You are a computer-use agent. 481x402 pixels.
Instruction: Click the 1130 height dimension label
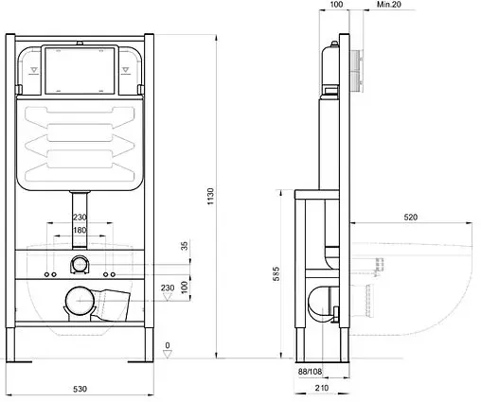pos(210,196)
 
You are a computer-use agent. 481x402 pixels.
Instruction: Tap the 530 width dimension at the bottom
pos(80,389)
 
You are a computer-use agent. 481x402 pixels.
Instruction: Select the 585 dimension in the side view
pos(276,273)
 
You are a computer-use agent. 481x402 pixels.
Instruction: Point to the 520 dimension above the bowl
pos(410,217)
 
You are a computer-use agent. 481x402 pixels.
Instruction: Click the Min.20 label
pos(389,5)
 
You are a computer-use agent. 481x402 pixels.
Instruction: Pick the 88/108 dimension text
pos(310,372)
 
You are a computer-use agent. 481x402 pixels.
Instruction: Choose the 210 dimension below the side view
pos(322,388)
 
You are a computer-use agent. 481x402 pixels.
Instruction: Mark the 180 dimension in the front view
pos(80,230)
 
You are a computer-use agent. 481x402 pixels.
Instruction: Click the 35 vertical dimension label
pos(185,246)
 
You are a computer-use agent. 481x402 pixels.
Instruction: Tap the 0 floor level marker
pos(168,345)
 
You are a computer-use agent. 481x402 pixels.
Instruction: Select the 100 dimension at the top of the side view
pos(336,5)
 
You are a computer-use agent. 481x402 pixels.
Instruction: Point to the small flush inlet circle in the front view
pos(80,264)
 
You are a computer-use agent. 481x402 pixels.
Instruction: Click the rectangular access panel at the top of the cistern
pos(80,70)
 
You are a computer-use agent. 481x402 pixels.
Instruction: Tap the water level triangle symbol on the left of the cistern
pos(34,70)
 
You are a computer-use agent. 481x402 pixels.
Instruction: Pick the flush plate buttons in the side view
pos(356,70)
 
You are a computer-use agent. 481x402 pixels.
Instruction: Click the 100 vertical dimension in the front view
pos(185,287)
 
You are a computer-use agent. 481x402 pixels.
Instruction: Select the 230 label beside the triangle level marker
pos(168,288)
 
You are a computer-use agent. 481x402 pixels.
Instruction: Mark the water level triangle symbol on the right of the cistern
pos(126,70)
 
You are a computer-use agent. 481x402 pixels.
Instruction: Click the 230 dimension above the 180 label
pos(80,218)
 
